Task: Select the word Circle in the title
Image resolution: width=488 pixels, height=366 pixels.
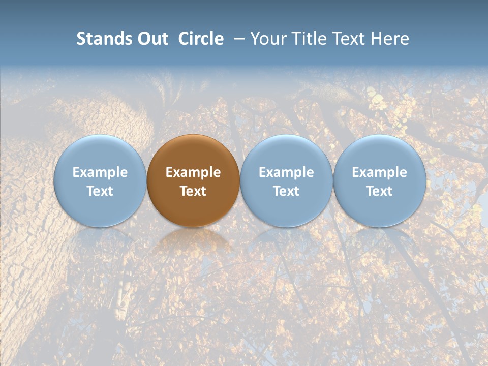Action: pos(201,39)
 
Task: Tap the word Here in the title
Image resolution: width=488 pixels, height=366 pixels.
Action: pos(391,39)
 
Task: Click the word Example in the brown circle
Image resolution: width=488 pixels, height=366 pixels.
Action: pos(193,172)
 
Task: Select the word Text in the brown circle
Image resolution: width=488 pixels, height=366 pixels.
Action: pos(193,191)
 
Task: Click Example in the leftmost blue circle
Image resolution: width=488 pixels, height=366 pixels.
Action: pos(100,172)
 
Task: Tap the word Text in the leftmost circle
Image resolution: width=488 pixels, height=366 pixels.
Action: pos(100,191)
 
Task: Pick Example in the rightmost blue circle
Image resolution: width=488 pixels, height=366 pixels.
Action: pos(379,172)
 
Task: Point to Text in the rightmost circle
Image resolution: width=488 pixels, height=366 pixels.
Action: pos(379,191)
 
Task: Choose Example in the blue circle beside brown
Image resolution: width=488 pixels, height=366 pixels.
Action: pos(286,172)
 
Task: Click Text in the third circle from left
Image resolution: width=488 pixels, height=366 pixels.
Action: pos(286,191)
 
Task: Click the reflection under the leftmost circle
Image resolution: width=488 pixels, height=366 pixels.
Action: pos(100,242)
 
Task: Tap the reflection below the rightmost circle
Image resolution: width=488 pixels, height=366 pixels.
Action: pos(379,242)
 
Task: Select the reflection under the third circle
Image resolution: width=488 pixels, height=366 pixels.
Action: pos(286,242)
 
